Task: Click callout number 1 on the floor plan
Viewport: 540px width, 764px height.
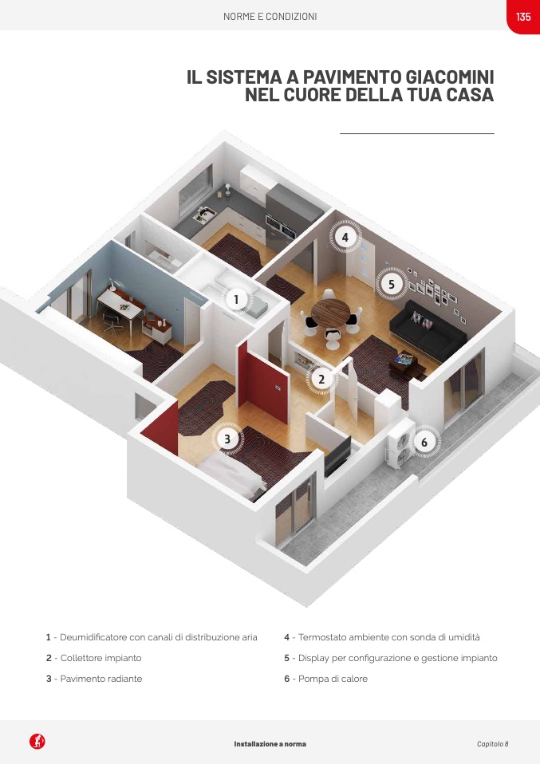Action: click(236, 299)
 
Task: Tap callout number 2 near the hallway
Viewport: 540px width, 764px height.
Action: click(321, 379)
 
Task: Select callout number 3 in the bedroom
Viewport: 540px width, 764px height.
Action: click(227, 439)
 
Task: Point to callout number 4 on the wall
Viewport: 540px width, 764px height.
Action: click(345, 238)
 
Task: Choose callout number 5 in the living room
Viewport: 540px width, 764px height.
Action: click(392, 283)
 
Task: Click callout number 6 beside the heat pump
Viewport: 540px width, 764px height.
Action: click(424, 442)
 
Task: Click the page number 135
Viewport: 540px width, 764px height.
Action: click(523, 17)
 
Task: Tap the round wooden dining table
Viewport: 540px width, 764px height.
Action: click(330, 313)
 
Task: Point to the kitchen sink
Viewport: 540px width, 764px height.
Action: click(204, 215)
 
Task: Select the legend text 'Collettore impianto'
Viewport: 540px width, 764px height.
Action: click(101, 658)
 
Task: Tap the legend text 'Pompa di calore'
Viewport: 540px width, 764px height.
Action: click(333, 679)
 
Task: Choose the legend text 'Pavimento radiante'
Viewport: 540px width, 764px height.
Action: click(101, 679)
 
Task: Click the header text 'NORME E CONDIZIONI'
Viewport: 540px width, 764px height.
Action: click(270, 17)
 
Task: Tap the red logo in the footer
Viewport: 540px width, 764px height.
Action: click(37, 742)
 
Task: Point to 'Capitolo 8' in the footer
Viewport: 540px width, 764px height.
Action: click(493, 744)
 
